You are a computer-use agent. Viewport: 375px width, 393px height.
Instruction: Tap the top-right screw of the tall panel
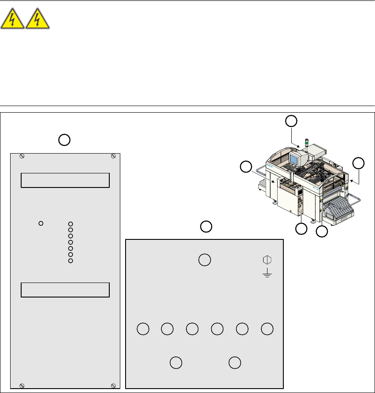pyautogui.click(x=113, y=156)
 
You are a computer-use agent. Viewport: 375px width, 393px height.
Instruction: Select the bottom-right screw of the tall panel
pyautogui.click(x=113, y=386)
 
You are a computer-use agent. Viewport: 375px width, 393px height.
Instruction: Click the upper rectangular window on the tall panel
pyautogui.click(x=65, y=180)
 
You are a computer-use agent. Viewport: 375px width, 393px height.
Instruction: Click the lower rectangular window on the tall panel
pyautogui.click(x=65, y=290)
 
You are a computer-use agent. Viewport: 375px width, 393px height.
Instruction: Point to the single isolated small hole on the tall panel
pyautogui.click(x=41, y=223)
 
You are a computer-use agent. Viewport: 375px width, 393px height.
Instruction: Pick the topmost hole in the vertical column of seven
pyautogui.click(x=71, y=224)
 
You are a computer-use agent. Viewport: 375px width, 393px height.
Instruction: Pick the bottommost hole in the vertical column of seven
pyautogui.click(x=71, y=261)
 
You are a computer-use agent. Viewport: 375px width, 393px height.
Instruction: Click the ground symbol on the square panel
pyautogui.click(x=267, y=274)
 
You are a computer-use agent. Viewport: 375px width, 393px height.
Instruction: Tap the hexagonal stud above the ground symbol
pyautogui.click(x=267, y=260)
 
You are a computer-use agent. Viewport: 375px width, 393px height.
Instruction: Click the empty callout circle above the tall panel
pyautogui.click(x=64, y=140)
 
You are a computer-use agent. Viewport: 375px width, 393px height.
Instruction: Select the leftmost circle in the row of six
pyautogui.click(x=142, y=328)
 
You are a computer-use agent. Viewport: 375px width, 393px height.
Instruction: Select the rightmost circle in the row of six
pyautogui.click(x=267, y=328)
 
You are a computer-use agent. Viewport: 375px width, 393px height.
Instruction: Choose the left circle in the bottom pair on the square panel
pyautogui.click(x=176, y=362)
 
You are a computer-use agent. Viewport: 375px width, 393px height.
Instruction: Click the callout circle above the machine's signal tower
pyautogui.click(x=291, y=121)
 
